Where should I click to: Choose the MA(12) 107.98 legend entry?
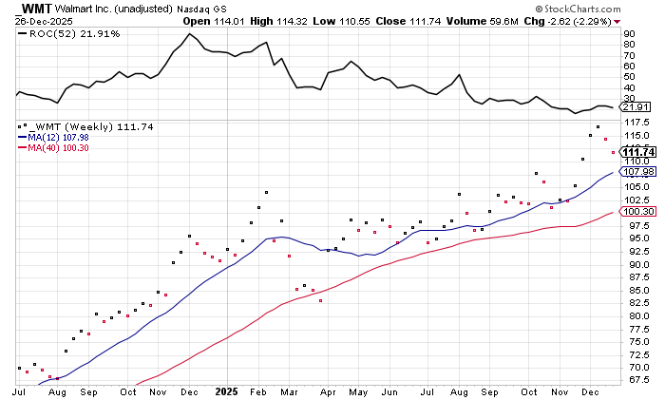tap(56, 137)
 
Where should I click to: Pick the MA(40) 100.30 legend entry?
tap(56, 147)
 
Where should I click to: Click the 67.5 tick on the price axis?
tap(635, 381)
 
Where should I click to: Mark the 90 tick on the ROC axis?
tap(629, 33)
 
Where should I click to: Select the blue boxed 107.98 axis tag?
tap(636, 171)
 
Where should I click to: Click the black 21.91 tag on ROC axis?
tap(635, 107)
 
